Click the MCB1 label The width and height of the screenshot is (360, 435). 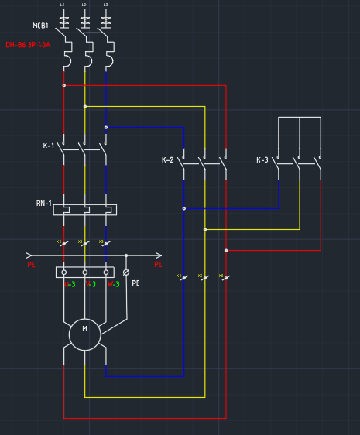pos(40,26)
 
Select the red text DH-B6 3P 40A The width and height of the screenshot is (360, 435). pos(28,45)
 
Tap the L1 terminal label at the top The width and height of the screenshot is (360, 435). pos(63,5)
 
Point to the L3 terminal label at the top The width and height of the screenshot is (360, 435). pos(105,5)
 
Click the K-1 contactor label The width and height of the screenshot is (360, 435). pos(49,146)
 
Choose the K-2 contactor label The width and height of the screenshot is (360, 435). pos(167,160)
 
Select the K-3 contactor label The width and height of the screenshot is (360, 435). pos(262,160)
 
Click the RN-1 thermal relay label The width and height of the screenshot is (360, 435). pos(43,203)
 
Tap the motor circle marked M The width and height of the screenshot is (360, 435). pos(84,334)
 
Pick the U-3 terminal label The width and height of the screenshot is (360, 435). pos(70,284)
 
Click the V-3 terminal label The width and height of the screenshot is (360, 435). pos(91,284)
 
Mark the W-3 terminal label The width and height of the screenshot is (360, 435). pos(113,284)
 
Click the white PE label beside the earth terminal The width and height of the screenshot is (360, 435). pos(135,283)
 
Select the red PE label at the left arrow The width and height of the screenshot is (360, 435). pos(31,265)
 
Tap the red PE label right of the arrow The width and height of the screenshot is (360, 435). pos(158,265)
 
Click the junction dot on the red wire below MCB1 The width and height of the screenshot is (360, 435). pos(63,85)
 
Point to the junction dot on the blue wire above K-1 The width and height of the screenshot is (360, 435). pos(105,127)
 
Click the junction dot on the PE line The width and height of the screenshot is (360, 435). pos(126,255)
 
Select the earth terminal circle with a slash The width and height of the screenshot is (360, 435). pos(126,272)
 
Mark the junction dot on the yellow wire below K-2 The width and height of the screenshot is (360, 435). pos(204,229)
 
